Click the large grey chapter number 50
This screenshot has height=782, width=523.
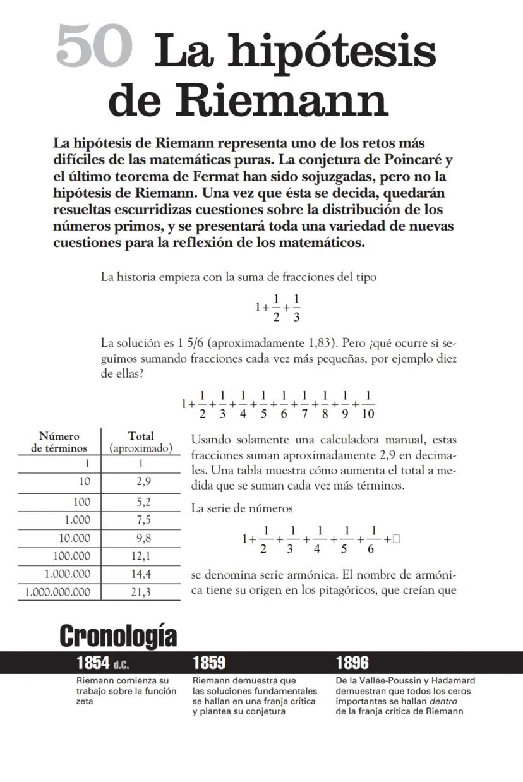coord(94,47)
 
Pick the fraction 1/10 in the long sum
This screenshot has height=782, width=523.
coord(368,404)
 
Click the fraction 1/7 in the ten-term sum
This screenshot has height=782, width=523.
coord(305,404)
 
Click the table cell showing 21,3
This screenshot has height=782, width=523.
coord(141,592)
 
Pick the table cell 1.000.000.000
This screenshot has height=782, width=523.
coord(57,592)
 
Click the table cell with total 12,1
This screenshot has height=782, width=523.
coord(141,556)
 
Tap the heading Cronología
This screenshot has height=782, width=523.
coord(118,636)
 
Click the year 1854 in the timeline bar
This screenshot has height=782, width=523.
coord(93,663)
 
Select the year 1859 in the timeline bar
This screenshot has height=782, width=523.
coord(209,663)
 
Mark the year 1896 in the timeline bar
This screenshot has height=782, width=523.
coord(352,663)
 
